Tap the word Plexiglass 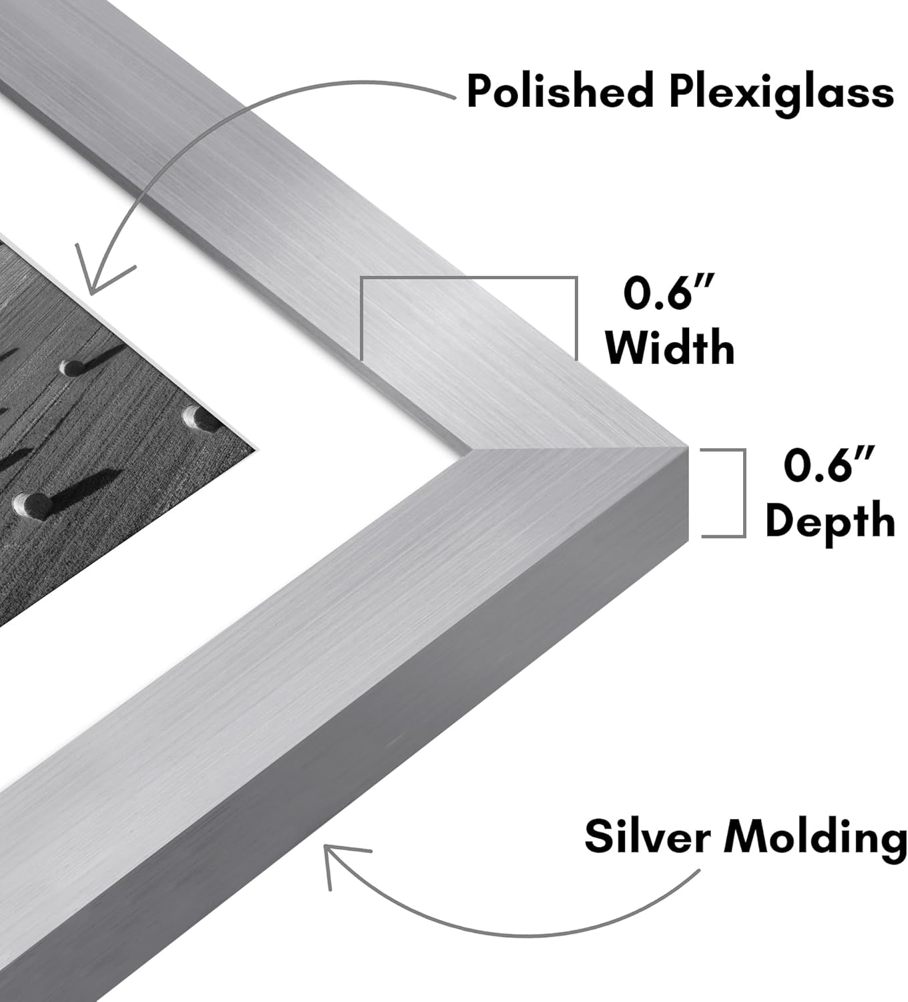[x=781, y=94]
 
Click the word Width [x=670, y=347]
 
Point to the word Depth [x=829, y=521]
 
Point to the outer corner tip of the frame [x=688, y=446]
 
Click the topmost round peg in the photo [x=73, y=367]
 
